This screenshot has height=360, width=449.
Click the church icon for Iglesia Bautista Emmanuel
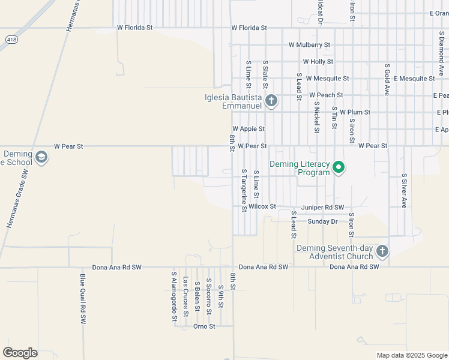(271, 100)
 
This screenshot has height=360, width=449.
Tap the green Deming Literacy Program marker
(339, 167)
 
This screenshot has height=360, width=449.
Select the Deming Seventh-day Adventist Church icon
(382, 251)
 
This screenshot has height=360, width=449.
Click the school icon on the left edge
(41, 158)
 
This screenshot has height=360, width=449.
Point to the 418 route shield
(11, 40)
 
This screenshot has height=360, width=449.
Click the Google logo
(20, 353)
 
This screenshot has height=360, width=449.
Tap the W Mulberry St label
(309, 45)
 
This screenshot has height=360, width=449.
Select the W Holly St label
(318, 62)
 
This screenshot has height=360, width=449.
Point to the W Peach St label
(325, 95)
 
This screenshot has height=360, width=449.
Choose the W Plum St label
(355, 112)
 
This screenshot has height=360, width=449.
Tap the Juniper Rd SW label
(322, 207)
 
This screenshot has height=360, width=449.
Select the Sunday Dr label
(322, 221)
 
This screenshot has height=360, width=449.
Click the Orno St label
(204, 326)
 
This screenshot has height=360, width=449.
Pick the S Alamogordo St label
(173, 296)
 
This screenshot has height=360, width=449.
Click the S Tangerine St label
(244, 190)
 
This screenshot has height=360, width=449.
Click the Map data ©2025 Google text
(411, 355)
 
